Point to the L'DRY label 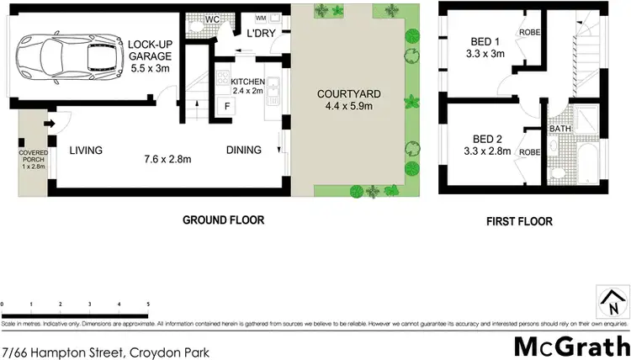click(x=257, y=32)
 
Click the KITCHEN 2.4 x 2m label click(x=242, y=86)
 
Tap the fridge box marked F click(x=225, y=107)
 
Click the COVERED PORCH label click(x=33, y=158)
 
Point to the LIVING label click(x=86, y=151)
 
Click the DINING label click(x=243, y=151)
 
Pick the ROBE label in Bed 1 click(x=529, y=33)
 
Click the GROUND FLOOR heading click(x=224, y=220)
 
